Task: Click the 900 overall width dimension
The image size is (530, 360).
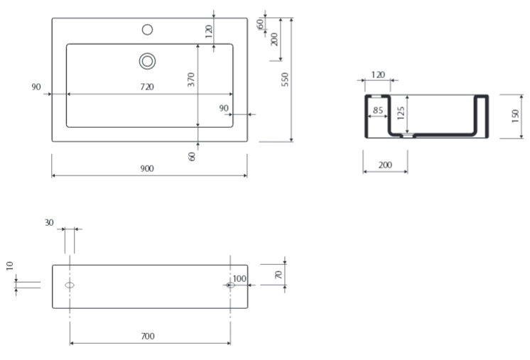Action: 147,168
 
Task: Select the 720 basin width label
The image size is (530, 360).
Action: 147,87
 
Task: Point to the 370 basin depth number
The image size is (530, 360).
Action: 191,80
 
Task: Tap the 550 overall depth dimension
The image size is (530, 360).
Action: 286,80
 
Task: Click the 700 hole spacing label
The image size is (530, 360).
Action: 148,336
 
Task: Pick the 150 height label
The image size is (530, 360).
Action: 515,116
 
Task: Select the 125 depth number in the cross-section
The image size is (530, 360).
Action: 401,113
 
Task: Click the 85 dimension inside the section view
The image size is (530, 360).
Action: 378,110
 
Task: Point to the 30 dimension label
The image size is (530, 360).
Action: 49,222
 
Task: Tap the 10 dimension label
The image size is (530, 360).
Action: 10,266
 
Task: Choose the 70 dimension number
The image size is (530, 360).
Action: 278,275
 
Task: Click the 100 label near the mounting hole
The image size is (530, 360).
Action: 239,278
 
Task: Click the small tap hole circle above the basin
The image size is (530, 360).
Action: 147,30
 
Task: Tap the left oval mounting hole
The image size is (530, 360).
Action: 70,285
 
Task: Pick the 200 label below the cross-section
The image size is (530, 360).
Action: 385,165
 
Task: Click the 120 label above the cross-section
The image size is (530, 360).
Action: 378,75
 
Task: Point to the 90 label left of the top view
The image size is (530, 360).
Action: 36,87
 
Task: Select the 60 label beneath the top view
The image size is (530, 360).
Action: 192,156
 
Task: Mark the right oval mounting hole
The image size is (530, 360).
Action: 230,285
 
